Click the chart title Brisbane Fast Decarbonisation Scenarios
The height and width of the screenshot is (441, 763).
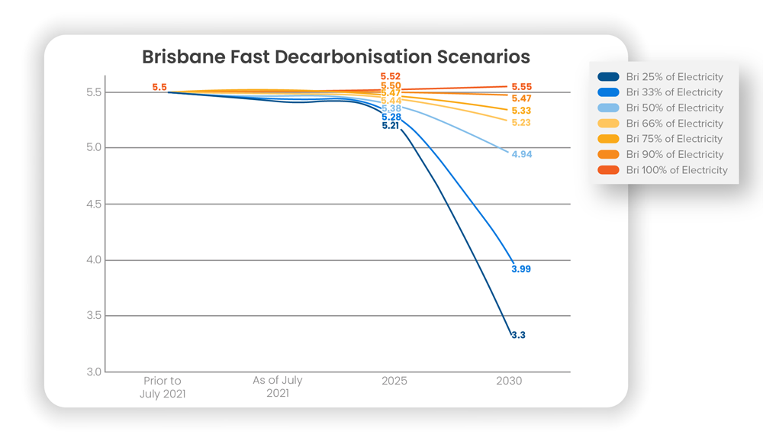(x=336, y=57)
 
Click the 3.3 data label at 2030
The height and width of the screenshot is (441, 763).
(x=519, y=335)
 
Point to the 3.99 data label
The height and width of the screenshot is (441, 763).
(x=521, y=269)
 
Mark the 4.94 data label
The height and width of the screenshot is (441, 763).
(x=522, y=154)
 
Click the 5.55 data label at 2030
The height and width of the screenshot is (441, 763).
(x=522, y=87)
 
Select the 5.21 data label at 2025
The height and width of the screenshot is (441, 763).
(x=391, y=125)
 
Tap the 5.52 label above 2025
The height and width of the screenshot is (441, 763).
(x=391, y=77)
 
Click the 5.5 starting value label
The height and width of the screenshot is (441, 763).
(x=159, y=87)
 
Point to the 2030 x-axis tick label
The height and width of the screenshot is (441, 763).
(x=509, y=381)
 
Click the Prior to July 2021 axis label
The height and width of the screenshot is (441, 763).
(x=163, y=388)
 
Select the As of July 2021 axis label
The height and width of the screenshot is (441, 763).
(x=278, y=388)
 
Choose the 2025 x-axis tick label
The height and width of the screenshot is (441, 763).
(x=394, y=381)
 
